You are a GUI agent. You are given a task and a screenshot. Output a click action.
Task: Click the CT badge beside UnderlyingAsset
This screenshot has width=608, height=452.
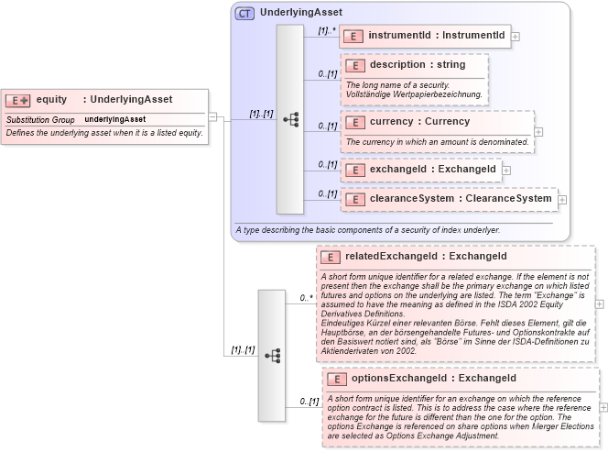pos(244,13)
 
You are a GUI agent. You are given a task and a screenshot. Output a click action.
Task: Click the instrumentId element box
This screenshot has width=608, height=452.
pos(426,36)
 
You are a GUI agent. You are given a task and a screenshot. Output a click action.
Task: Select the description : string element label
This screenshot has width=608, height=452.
pos(417,65)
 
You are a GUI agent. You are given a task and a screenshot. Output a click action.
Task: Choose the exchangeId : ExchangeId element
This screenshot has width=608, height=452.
pos(420,169)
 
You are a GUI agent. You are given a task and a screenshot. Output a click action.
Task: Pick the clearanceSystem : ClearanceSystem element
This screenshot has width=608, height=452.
pos(448,198)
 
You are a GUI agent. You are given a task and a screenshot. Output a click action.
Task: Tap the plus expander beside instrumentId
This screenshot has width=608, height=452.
pos(516,37)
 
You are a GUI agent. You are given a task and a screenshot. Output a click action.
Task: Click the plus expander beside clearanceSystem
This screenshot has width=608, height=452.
pos(562,199)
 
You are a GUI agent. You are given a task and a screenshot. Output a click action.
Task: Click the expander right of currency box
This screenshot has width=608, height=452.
pos(538,132)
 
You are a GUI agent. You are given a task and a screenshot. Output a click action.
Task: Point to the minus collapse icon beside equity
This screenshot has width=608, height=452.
pos(212,117)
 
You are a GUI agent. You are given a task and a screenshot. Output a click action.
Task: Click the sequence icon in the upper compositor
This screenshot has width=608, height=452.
pos(290,119)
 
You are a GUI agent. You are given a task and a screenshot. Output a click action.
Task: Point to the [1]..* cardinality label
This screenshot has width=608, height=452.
pos(326,30)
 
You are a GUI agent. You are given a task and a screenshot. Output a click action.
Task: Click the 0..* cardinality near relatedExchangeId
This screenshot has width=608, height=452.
pos(307,298)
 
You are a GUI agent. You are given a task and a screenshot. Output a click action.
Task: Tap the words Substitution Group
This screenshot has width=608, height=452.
pos(40,119)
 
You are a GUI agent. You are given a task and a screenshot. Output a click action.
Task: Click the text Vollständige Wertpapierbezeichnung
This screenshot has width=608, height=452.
pos(413,94)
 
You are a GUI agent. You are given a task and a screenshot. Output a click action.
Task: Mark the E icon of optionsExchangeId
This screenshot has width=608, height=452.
pos(337,379)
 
